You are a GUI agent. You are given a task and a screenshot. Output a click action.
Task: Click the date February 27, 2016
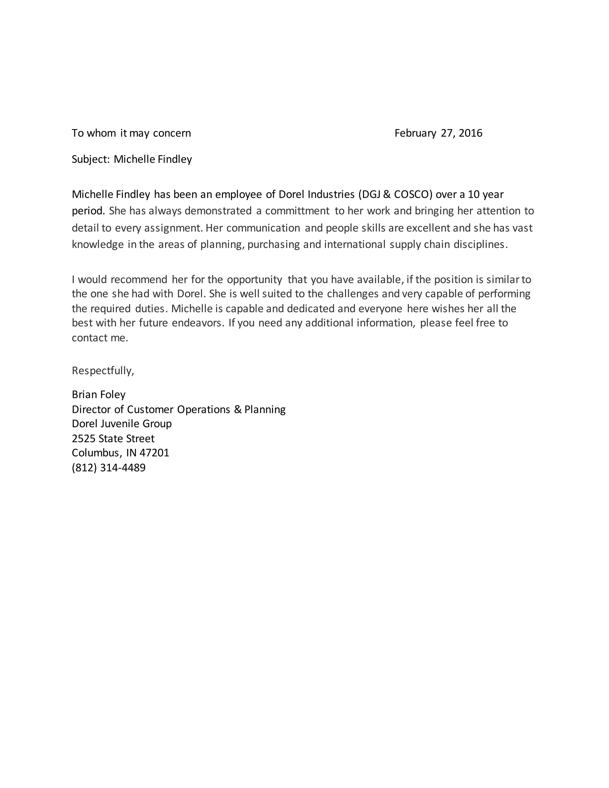pyautogui.click(x=438, y=133)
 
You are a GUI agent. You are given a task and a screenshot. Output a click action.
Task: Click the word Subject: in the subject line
pyautogui.click(x=90, y=159)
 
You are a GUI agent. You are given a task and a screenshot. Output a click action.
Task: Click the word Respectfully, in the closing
pyautogui.click(x=103, y=371)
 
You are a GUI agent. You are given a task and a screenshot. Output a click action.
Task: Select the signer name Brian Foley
pyautogui.click(x=98, y=394)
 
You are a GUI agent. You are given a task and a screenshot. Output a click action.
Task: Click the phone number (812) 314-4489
pyautogui.click(x=109, y=468)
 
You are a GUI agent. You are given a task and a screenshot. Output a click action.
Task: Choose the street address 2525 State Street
pyautogui.click(x=113, y=438)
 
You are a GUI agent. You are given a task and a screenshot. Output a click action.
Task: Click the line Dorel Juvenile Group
pyautogui.click(x=122, y=423)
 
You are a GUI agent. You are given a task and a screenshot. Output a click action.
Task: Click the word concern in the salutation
pyautogui.click(x=172, y=133)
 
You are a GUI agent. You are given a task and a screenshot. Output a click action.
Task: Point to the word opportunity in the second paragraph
pyautogui.click(x=254, y=280)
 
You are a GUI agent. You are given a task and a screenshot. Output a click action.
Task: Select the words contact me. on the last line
pyautogui.click(x=100, y=338)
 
